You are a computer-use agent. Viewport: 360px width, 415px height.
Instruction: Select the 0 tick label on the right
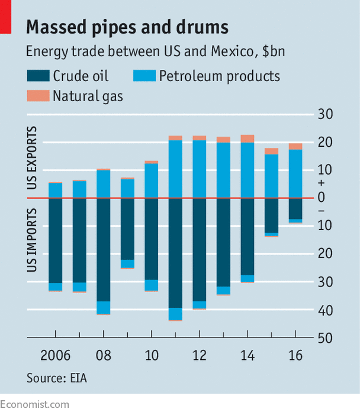pos(324,198)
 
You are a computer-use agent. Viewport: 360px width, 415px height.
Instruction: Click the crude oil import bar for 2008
pos(103,249)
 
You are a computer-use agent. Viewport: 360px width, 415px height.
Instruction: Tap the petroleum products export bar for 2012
pos(199,169)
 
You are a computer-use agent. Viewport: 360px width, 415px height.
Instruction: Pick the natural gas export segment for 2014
pos(247,139)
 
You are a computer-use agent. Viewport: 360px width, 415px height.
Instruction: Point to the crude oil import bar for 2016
pos(295,208)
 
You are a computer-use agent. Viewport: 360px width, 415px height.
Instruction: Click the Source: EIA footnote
pos(57,377)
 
